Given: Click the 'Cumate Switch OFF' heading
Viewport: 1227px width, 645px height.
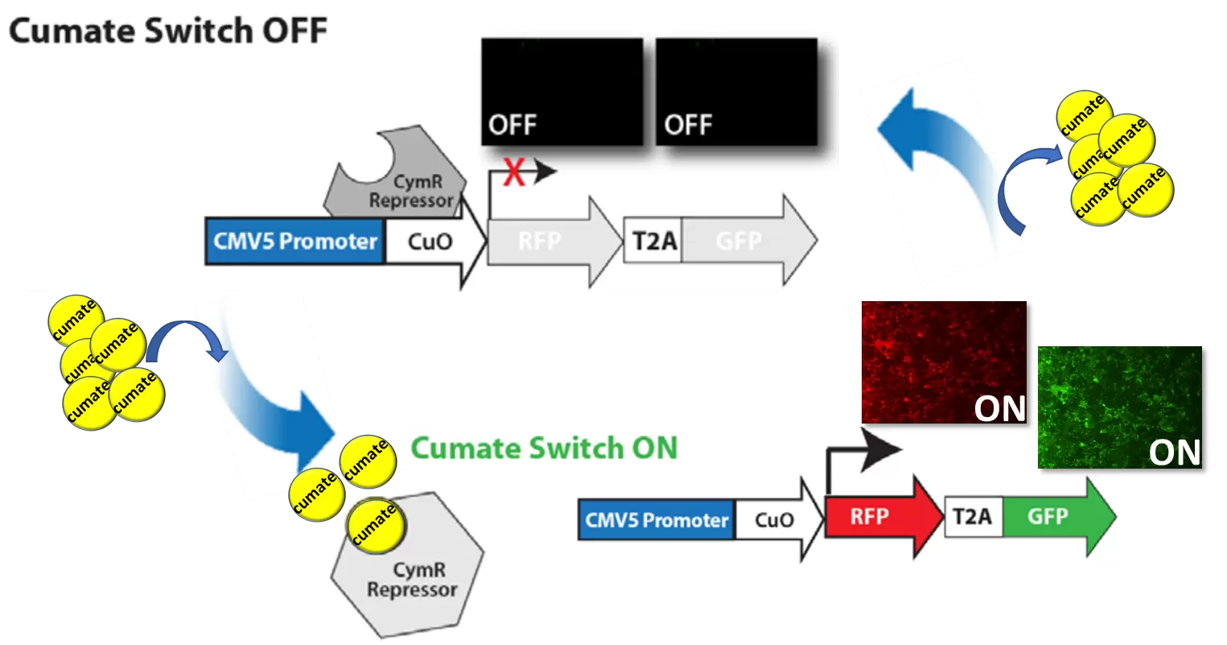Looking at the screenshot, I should (x=168, y=31).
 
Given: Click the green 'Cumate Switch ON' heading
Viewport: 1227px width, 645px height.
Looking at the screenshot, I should (x=544, y=449).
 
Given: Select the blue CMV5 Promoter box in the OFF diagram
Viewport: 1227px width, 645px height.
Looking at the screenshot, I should (x=295, y=241).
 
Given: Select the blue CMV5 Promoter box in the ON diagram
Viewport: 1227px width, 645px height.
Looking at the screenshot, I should (x=657, y=519).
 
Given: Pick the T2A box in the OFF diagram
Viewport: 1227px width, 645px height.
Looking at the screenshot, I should (x=653, y=241).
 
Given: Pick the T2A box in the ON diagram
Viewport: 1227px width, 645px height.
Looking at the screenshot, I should (x=973, y=517).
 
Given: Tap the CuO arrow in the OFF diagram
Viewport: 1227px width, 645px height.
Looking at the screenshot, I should (x=430, y=242).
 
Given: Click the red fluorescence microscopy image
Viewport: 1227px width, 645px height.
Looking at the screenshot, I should (x=943, y=362).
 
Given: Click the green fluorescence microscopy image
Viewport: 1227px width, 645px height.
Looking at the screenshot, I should (x=1119, y=407).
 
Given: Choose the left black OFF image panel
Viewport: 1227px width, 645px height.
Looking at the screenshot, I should (x=562, y=92).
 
